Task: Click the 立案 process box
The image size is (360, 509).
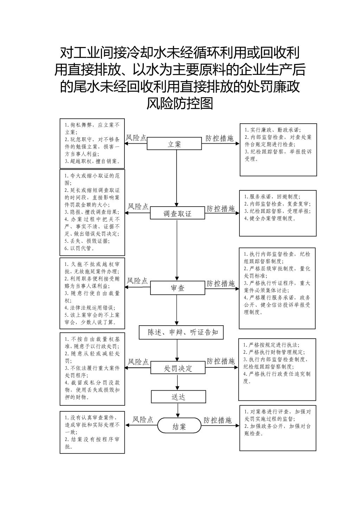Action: (174, 143)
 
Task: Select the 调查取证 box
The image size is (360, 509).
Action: (178, 213)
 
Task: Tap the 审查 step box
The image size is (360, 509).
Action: (178, 288)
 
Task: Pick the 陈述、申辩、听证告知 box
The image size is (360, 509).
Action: (181, 332)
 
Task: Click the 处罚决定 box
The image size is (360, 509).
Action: (178, 367)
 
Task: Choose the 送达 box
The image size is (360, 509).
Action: (179, 397)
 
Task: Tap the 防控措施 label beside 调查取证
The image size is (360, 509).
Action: (220, 209)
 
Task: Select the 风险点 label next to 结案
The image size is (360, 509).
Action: (143, 419)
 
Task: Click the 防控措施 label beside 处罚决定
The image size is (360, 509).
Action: (220, 361)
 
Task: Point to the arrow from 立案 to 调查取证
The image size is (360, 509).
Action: (176, 178)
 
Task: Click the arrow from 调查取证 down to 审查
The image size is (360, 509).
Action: (177, 250)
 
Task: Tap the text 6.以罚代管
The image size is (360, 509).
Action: (79, 248)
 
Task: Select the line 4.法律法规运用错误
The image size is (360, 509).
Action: (90, 308)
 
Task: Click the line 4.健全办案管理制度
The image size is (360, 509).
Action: (270, 218)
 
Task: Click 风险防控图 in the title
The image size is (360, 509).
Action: (180, 103)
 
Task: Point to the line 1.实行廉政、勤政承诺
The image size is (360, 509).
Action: (273, 130)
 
